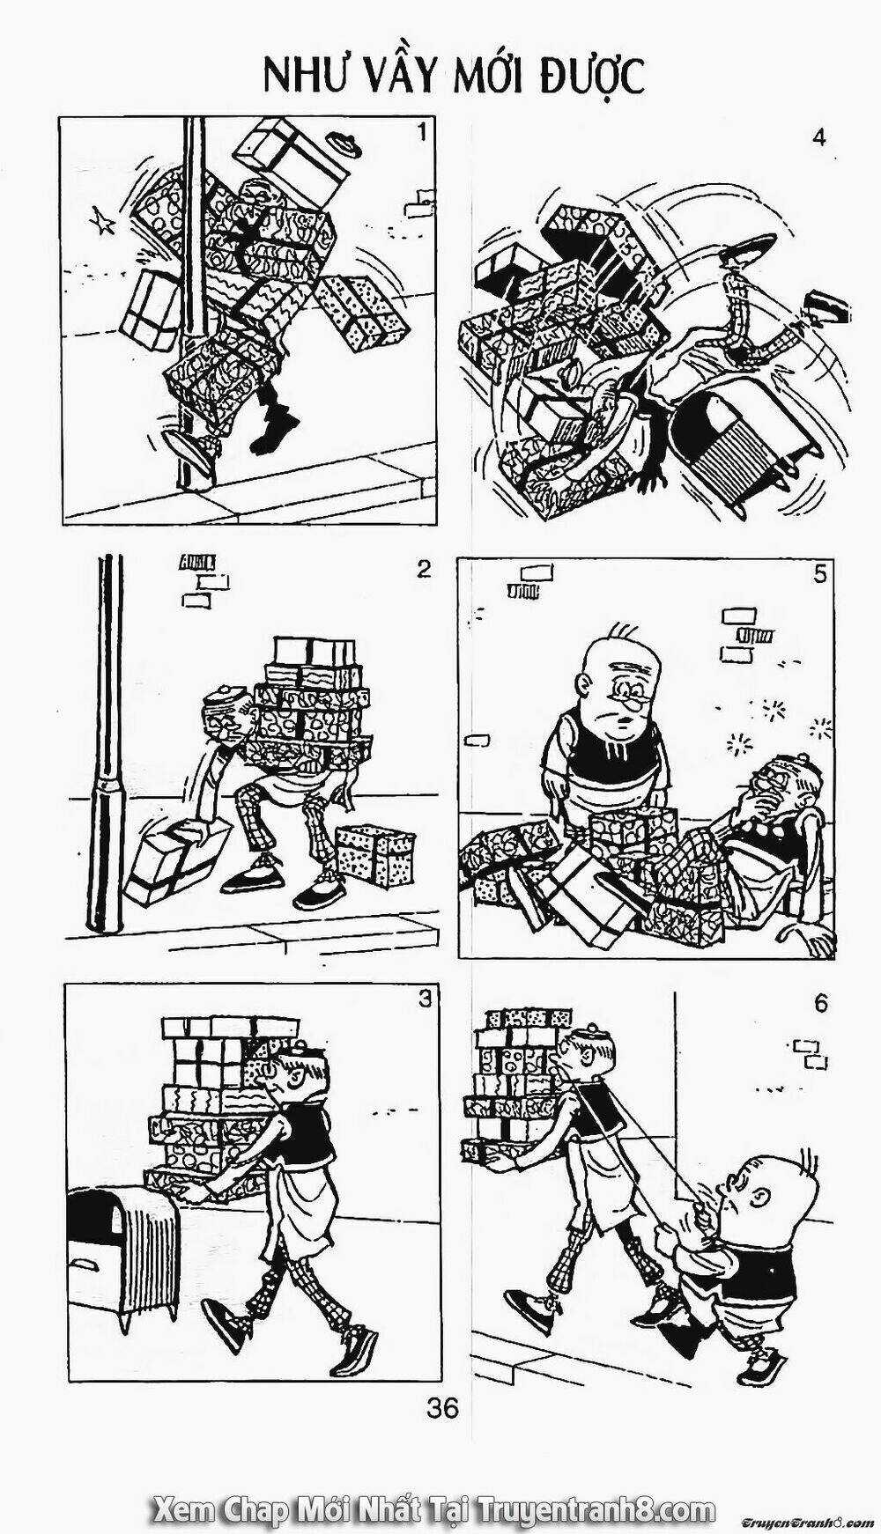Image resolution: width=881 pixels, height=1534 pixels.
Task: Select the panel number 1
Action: [x=422, y=133]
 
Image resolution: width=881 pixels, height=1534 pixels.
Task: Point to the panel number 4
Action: [x=820, y=138]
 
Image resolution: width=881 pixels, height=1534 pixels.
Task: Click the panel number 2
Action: [x=424, y=569]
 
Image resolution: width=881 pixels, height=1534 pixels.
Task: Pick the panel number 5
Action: [x=819, y=575]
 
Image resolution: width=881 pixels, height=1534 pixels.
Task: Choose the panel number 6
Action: [x=820, y=1003]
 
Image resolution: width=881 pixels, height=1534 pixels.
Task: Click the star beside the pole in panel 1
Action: [x=104, y=224]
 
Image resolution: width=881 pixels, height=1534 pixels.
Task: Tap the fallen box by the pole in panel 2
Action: [x=170, y=862]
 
